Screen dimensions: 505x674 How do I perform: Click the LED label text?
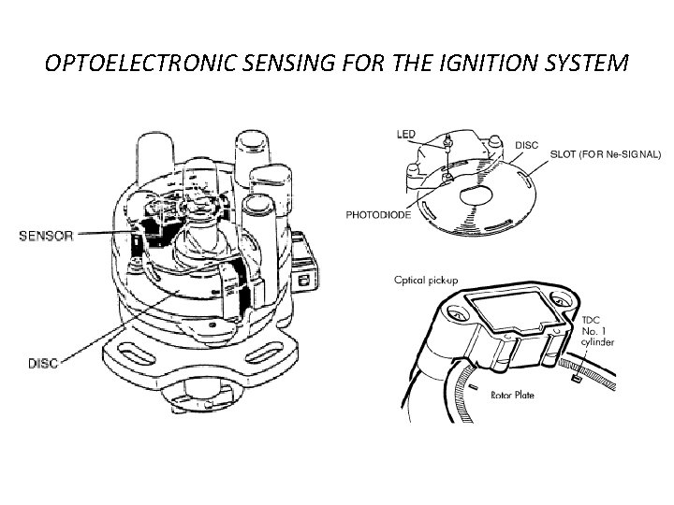[x=406, y=135]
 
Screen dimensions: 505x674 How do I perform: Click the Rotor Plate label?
[x=512, y=396]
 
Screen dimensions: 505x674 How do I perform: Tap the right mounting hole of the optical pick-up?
[x=560, y=303]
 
